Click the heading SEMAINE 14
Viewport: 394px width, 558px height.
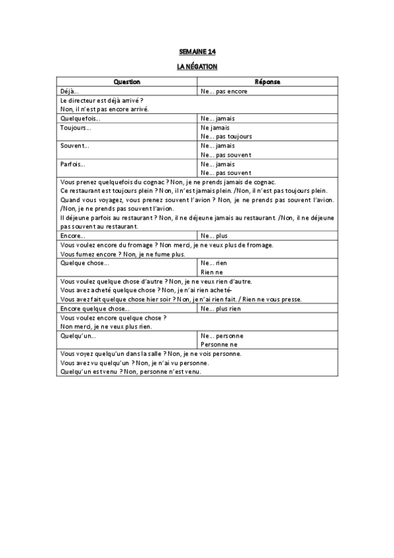coord(197,51)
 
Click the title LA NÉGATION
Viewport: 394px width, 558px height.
coord(197,67)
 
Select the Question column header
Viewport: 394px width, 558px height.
coord(127,82)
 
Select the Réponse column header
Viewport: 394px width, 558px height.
coord(268,82)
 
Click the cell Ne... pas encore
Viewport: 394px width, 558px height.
coord(224,91)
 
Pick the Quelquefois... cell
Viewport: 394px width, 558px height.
coord(78,118)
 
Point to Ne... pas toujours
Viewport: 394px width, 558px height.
coord(226,136)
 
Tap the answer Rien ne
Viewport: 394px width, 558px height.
coord(212,271)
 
